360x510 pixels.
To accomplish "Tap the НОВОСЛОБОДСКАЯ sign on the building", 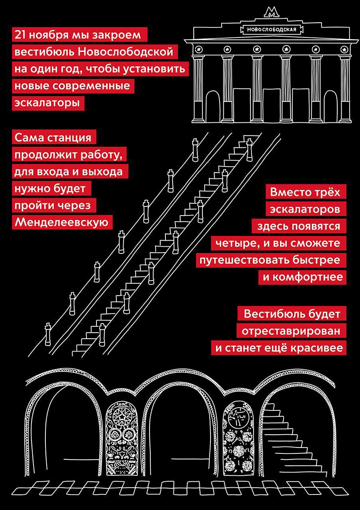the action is (x=271, y=29).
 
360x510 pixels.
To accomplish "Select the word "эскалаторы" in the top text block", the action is (x=47, y=103).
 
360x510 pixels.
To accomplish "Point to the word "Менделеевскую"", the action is (x=61, y=222).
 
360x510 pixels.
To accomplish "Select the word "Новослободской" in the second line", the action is (x=126, y=52).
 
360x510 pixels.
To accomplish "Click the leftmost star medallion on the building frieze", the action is (x=198, y=49).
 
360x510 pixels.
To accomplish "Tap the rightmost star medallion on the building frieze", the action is (x=345, y=49).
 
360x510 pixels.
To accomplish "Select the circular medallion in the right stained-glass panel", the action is (x=238, y=416).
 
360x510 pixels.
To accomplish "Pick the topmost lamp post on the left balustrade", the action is (x=195, y=150).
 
